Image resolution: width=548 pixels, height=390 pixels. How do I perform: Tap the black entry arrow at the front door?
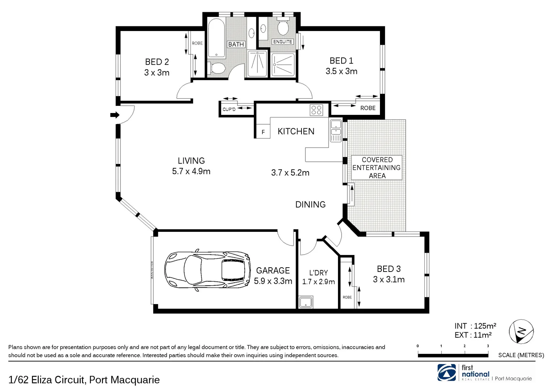point(115,115)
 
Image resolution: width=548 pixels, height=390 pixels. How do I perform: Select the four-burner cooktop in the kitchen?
point(316,110)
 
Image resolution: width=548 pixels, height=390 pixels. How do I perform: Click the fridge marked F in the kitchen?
point(263,132)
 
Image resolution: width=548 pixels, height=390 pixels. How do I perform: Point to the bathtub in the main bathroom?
point(217,38)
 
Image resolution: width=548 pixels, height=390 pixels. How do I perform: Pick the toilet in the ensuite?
point(282,27)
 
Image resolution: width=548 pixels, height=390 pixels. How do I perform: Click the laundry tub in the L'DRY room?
point(306,302)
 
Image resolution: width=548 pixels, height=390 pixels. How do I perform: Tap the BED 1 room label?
point(341,61)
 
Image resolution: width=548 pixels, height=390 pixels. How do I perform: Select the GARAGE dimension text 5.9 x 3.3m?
point(273,281)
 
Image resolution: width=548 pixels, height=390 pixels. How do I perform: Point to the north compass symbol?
point(521,331)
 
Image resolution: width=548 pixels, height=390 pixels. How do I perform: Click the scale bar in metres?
point(453,355)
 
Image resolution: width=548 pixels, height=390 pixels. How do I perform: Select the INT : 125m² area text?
point(475,326)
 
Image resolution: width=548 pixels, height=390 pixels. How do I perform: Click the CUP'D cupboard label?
point(229,109)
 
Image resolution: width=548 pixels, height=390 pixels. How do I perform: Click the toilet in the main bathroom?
point(217,68)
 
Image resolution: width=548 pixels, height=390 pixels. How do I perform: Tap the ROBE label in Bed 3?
point(347,297)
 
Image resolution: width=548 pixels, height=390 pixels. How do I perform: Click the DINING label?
point(310,204)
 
